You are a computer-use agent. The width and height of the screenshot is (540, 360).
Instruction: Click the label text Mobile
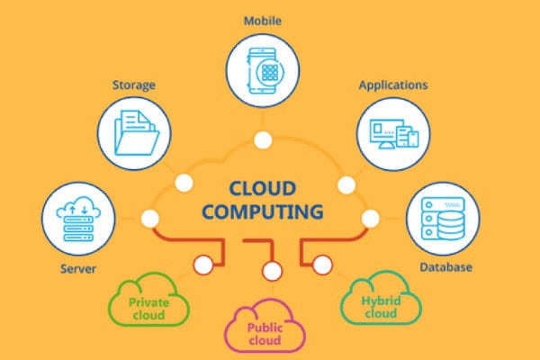(x=263, y=19)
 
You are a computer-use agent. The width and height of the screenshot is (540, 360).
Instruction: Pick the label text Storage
(x=134, y=85)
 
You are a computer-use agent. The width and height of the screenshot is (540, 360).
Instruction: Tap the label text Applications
(x=392, y=85)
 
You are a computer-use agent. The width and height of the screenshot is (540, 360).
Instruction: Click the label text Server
(x=79, y=268)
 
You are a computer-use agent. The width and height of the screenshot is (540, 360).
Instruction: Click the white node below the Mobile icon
(x=263, y=140)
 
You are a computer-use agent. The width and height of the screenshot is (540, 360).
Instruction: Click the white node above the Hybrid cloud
(x=323, y=264)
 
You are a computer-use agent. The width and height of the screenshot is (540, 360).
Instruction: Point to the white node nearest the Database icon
(x=368, y=217)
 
